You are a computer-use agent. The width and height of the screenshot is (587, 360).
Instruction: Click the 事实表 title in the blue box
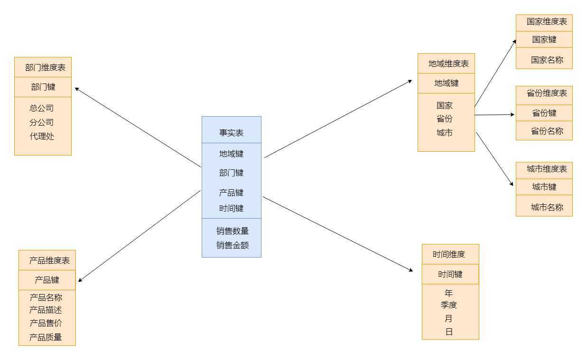(231, 133)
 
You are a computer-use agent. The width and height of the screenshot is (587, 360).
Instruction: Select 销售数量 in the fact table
(233, 231)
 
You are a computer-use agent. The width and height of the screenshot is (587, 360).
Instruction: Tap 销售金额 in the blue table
(233, 245)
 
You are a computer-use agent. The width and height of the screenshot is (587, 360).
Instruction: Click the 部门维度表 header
(45, 68)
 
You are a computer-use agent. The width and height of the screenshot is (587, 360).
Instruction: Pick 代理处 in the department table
(42, 136)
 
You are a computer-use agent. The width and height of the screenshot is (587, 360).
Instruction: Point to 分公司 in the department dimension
(41, 122)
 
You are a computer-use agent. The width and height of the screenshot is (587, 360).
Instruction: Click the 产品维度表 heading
(49, 260)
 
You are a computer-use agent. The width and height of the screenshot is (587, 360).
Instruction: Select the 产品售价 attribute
(46, 323)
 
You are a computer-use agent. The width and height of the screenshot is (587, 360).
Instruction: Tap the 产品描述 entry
(46, 310)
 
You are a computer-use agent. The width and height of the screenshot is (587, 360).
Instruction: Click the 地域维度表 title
(448, 64)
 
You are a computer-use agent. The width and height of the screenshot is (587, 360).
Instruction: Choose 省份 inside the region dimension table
(445, 119)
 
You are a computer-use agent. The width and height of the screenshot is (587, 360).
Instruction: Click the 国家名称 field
(547, 60)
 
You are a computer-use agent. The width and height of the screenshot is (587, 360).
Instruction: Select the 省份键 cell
(544, 113)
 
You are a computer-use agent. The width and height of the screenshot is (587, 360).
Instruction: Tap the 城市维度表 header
(547, 169)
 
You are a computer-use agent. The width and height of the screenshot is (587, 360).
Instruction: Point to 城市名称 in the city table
(547, 208)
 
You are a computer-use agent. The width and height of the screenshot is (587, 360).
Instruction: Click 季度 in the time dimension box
(448, 305)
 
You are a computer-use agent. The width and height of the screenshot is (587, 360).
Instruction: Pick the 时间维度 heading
(448, 254)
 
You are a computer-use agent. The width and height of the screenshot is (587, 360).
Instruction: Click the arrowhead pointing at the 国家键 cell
(515, 41)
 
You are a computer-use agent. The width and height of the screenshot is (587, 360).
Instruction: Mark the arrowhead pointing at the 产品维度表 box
(79, 281)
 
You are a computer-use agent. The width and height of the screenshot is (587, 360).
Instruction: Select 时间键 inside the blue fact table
(231, 208)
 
